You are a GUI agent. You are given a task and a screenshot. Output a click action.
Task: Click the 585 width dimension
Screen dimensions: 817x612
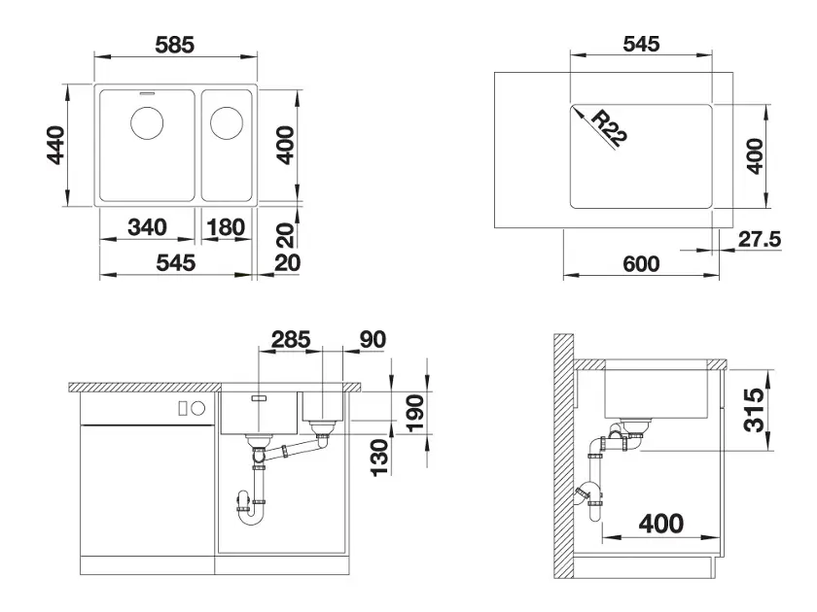point(174,45)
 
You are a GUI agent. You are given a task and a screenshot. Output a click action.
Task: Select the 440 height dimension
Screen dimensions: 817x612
point(56,145)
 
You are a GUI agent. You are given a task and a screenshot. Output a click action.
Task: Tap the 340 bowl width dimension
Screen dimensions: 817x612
point(148,227)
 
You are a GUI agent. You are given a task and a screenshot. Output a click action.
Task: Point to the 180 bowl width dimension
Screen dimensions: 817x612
point(226,227)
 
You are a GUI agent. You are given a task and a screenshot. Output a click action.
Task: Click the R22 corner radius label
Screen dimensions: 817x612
point(609,128)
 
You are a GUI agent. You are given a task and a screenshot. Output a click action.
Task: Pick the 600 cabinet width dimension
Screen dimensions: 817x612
point(641,263)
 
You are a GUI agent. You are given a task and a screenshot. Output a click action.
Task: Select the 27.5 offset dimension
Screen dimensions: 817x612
point(760,239)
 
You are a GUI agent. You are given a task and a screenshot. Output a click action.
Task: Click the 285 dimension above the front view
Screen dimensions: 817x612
point(291,339)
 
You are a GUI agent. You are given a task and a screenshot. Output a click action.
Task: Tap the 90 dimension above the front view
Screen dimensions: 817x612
point(373,339)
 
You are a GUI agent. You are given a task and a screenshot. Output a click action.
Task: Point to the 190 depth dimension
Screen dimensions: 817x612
point(415,413)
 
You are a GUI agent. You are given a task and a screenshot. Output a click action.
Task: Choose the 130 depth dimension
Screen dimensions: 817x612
point(380,457)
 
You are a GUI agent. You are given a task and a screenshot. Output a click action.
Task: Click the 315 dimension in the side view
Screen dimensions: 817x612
point(754,410)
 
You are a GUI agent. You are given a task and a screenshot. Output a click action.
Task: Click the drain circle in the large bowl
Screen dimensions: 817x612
point(147,122)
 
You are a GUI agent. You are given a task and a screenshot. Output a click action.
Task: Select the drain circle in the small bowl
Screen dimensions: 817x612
point(226,122)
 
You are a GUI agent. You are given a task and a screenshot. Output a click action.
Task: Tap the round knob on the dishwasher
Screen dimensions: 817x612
point(198,409)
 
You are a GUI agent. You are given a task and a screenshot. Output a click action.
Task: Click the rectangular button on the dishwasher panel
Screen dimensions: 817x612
point(183,409)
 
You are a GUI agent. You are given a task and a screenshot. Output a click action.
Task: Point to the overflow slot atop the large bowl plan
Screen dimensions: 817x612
point(147,93)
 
